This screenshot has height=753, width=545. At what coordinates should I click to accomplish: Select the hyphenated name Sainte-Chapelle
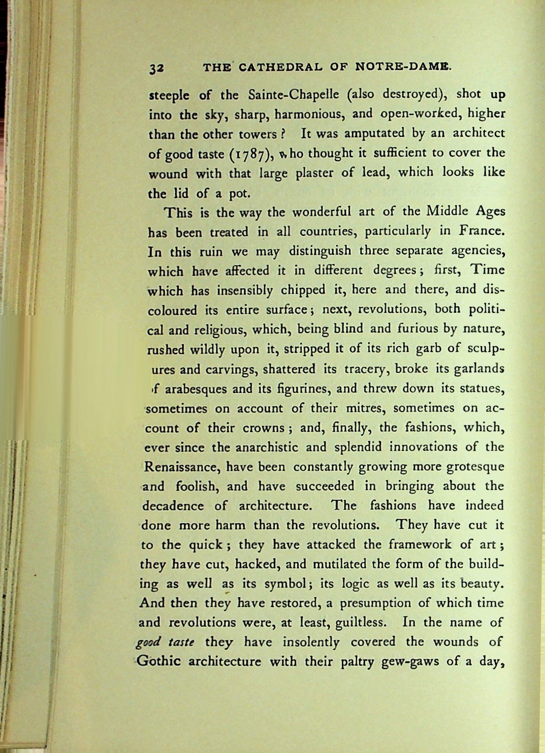click(x=295, y=95)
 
